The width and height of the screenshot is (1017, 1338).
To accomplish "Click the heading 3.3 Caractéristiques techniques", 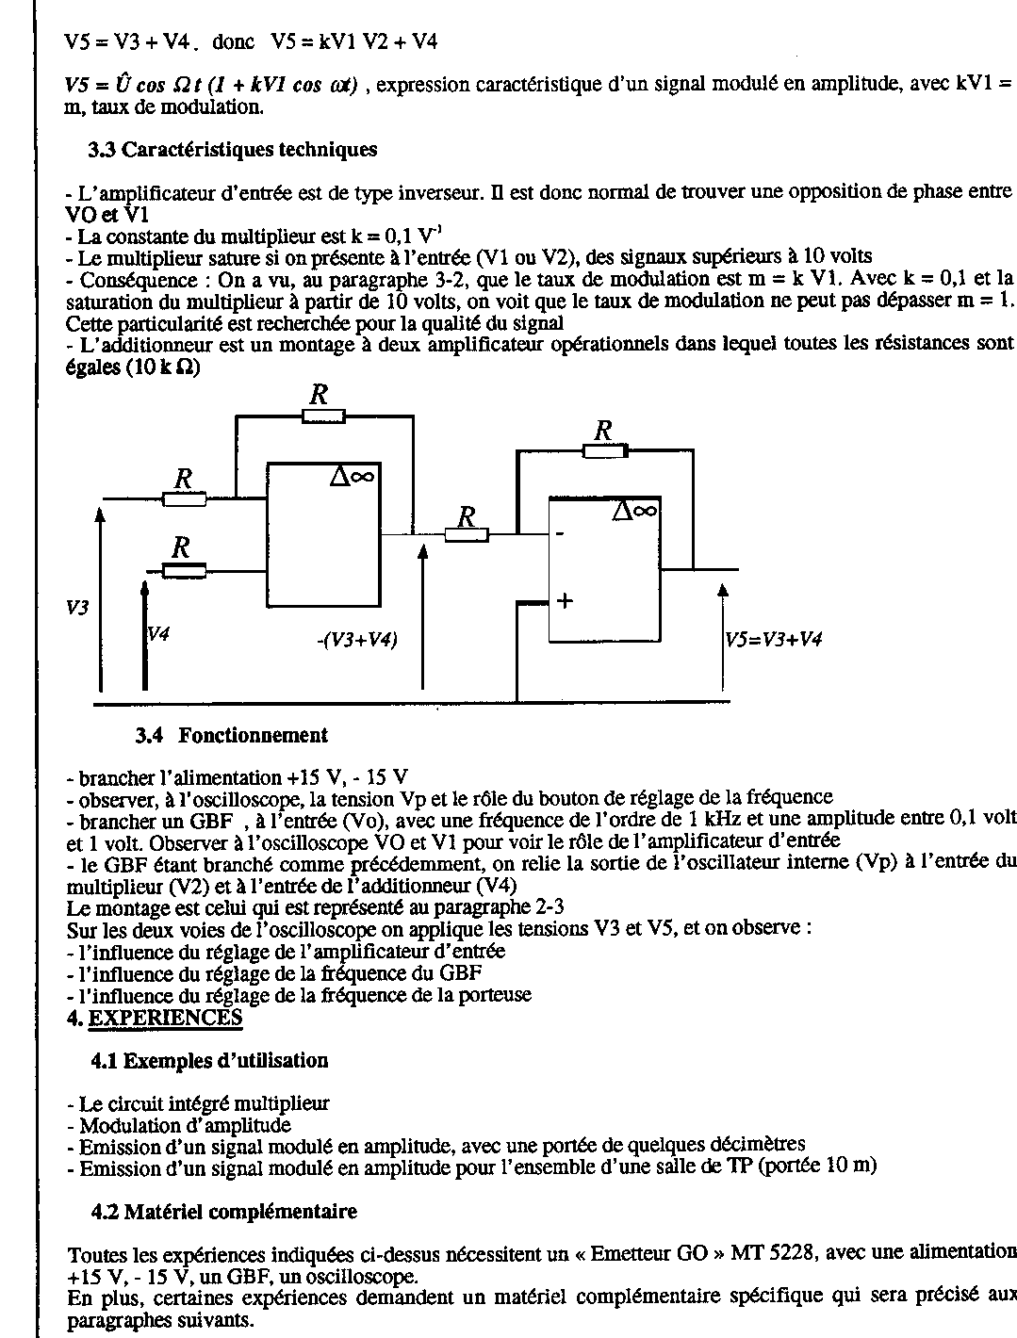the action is (232, 150).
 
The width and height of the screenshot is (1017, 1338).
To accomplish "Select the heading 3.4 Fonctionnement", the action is (232, 735).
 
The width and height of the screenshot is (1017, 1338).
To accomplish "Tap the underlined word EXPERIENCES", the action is (165, 1018).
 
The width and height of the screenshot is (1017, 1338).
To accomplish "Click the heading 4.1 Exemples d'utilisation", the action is (209, 1061).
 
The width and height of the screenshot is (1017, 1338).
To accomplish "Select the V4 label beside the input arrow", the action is (158, 634).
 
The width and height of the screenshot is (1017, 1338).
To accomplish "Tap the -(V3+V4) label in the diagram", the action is (357, 641).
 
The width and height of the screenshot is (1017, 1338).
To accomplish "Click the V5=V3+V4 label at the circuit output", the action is (773, 640).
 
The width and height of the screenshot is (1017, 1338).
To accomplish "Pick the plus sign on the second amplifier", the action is (566, 601).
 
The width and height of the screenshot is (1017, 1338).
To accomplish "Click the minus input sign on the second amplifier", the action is (560, 534).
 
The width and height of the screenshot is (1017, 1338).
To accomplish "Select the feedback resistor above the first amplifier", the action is (323, 416).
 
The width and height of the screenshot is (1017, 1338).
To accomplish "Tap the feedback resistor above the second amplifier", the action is (605, 451).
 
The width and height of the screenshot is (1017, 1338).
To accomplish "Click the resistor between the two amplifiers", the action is (467, 535).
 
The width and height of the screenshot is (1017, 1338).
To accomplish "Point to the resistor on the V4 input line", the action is (184, 571).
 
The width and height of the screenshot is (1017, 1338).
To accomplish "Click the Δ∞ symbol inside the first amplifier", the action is (353, 476).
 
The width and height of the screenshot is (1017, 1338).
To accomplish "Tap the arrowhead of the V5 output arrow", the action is (723, 591).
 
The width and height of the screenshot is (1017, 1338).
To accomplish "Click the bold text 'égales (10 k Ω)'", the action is (133, 368).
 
